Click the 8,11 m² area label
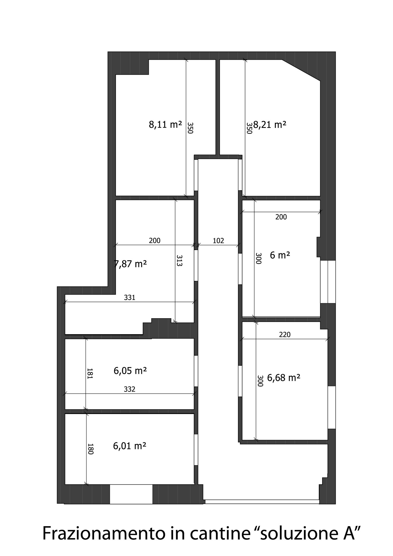pos(165,125)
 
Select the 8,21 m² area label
pos(270,125)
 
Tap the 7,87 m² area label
pos(131,264)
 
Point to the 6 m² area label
pos(280,255)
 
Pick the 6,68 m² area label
pos(284,378)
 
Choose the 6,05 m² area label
pos(130,371)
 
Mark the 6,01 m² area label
pos(130,446)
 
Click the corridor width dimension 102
pos(218,241)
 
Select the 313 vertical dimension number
pos(179,260)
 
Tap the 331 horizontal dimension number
pos(129,298)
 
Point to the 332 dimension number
pos(129,389)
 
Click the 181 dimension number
pos(90,373)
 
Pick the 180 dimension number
pos(91,449)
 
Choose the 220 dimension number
pos(285,335)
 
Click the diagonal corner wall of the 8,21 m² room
pos(301,70)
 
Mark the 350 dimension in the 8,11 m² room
pos(190,128)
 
